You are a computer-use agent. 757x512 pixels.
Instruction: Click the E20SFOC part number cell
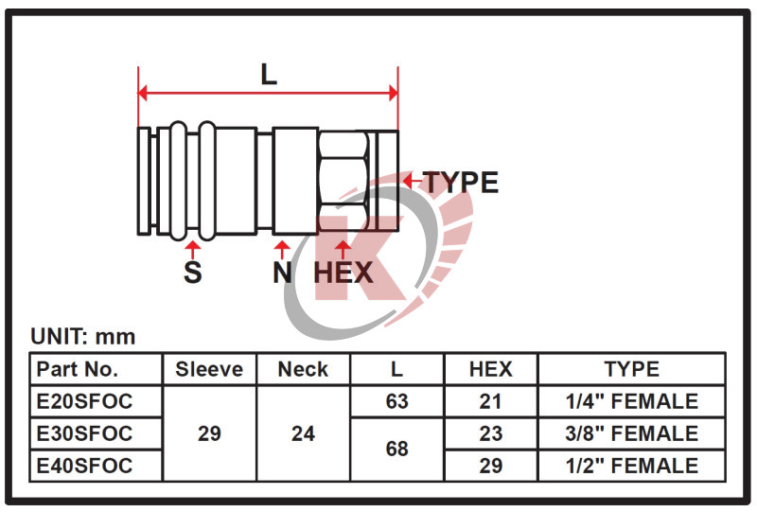tap(96, 401)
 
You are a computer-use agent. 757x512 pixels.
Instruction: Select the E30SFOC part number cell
tap(96, 433)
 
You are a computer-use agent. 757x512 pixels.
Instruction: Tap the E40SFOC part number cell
tap(96, 466)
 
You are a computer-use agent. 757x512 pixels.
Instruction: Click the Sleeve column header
tap(209, 369)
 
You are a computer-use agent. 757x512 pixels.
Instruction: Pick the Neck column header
tap(303, 369)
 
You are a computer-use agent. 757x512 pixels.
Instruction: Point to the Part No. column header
tap(96, 369)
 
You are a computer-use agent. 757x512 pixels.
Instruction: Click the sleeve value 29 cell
tap(209, 433)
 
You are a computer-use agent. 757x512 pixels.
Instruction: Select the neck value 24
tap(303, 433)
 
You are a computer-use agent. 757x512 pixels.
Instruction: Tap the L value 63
tap(396, 401)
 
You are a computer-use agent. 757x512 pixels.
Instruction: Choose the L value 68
tap(396, 450)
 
